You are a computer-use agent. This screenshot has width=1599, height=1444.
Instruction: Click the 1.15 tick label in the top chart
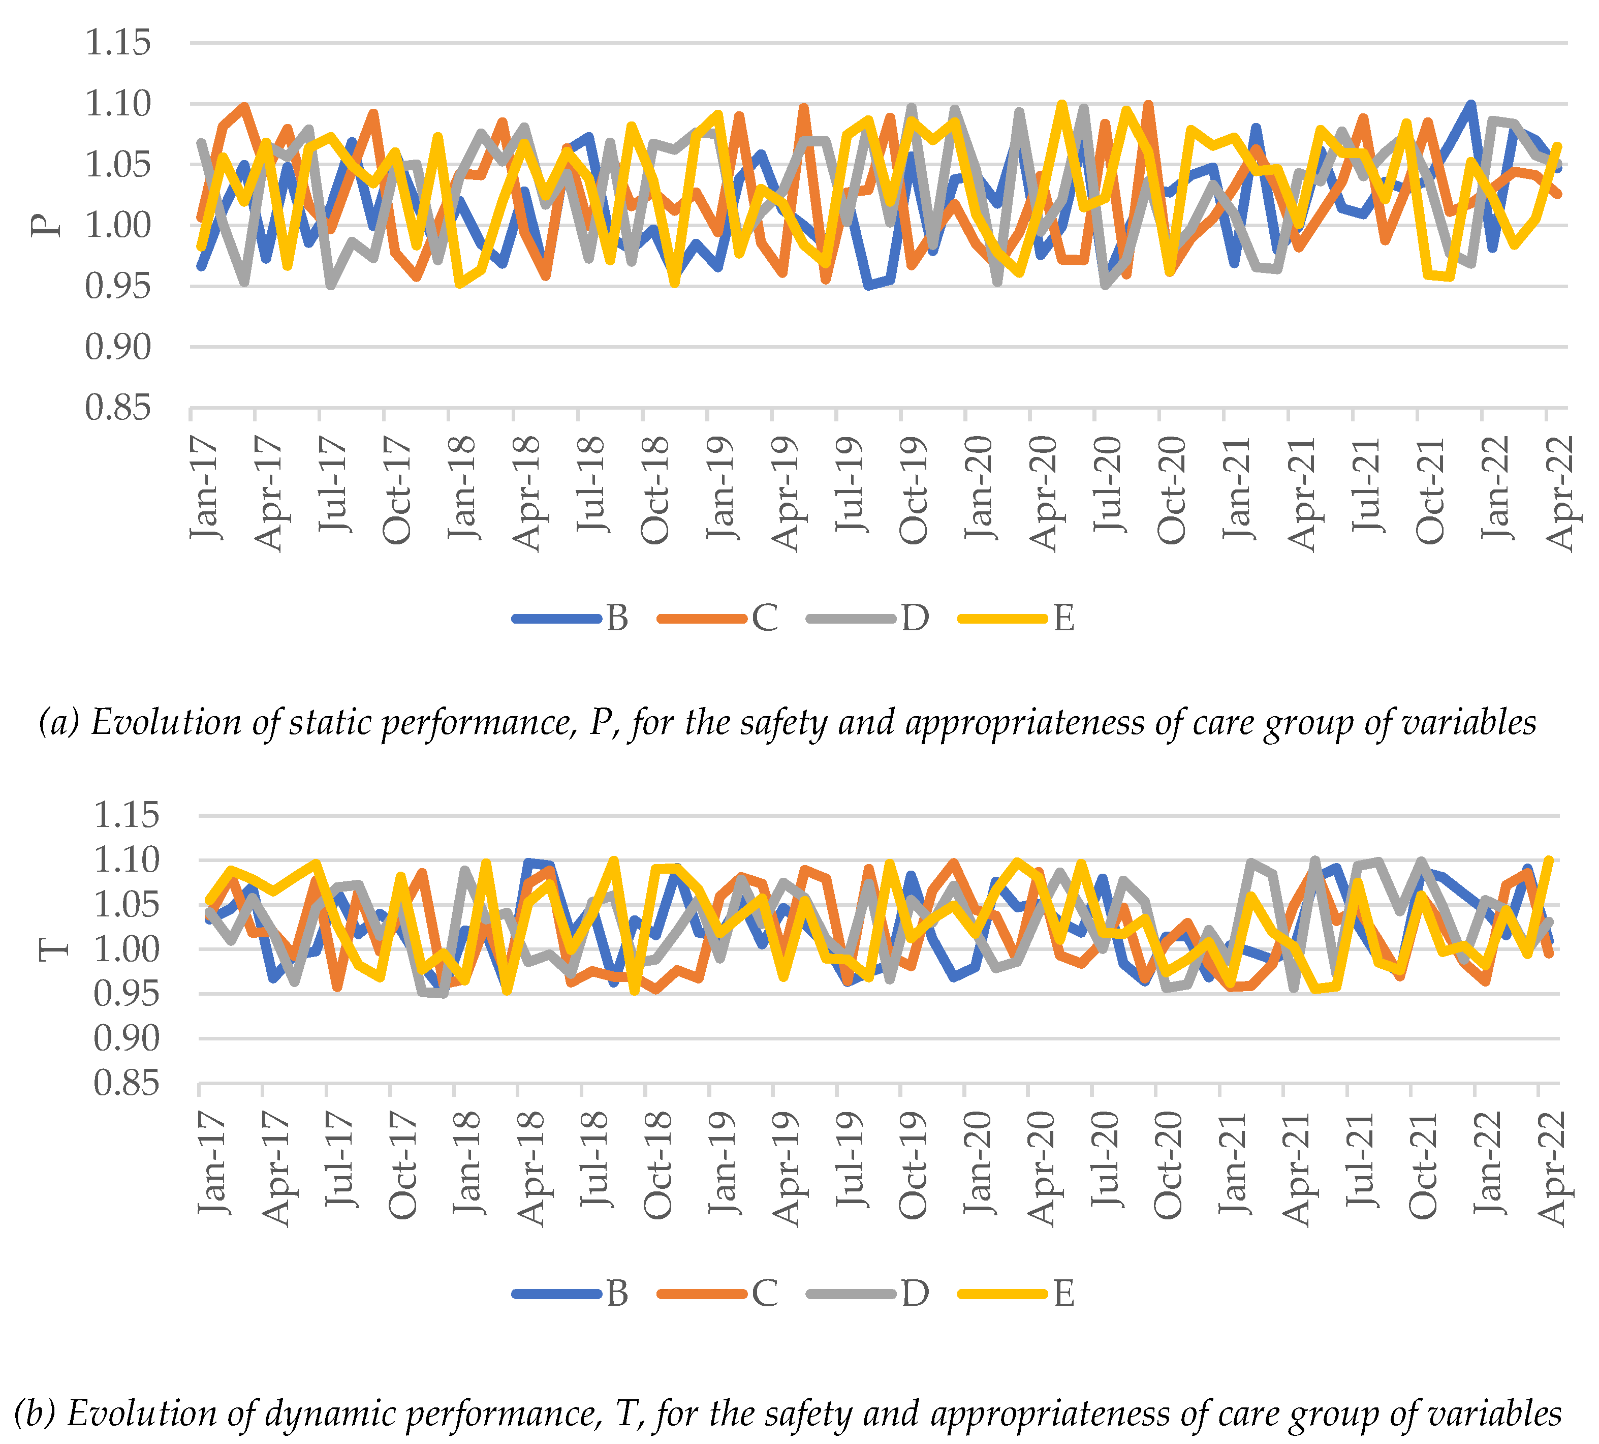(x=117, y=43)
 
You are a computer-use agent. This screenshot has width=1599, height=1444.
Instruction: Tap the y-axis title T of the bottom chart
(x=54, y=949)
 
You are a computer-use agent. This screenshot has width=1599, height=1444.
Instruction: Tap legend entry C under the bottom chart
(x=765, y=1293)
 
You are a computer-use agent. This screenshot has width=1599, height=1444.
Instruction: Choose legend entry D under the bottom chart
(x=915, y=1293)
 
